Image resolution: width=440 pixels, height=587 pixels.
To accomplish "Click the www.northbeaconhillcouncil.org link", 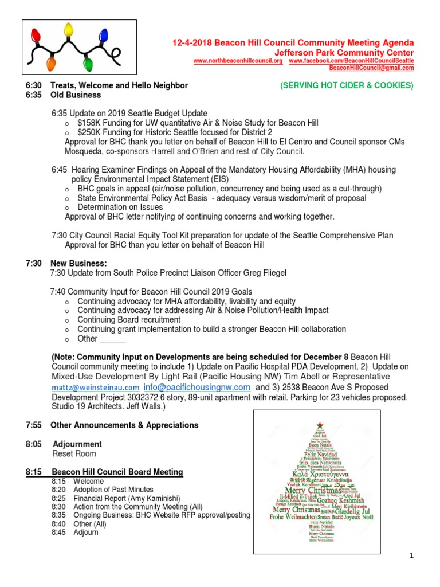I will tap(238, 61).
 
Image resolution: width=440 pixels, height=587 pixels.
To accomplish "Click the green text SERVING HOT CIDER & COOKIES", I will tap(347, 85).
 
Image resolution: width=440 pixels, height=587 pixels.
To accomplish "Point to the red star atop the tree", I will tap(319, 425).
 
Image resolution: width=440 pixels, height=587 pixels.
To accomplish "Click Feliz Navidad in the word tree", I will tap(319, 455).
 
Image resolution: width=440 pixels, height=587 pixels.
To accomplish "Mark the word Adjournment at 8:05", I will tap(77, 444).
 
